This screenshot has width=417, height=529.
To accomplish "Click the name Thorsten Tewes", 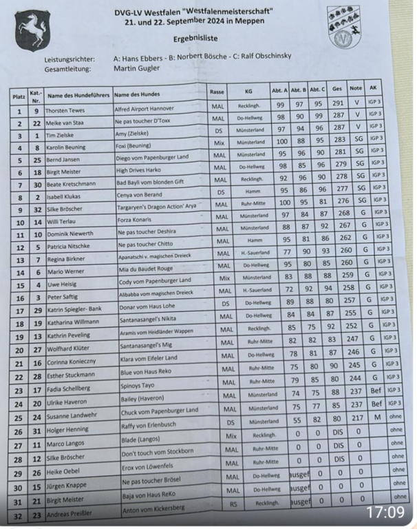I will (x=65, y=110).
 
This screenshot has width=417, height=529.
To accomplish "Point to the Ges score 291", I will (x=337, y=104).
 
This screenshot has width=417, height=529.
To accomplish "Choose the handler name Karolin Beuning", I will (x=67, y=147).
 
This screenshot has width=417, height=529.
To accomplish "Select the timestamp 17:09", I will (x=385, y=512).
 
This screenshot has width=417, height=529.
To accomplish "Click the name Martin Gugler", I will (x=136, y=69).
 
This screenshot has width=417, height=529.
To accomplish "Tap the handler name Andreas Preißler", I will (x=71, y=514).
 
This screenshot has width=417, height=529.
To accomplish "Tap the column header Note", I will (x=355, y=88).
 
